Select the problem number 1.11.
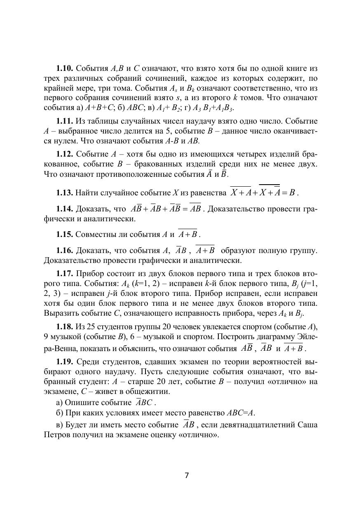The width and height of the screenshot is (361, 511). tap(65, 121)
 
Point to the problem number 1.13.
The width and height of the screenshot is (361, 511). tap(65, 193)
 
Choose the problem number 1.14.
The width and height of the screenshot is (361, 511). tap(65, 209)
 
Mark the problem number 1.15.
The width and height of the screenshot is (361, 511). tap(65, 234)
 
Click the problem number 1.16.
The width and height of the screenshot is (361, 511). tap(65, 251)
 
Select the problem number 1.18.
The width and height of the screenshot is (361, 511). tap(65, 327)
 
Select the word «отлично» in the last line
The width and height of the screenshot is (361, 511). tap(198, 435)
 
